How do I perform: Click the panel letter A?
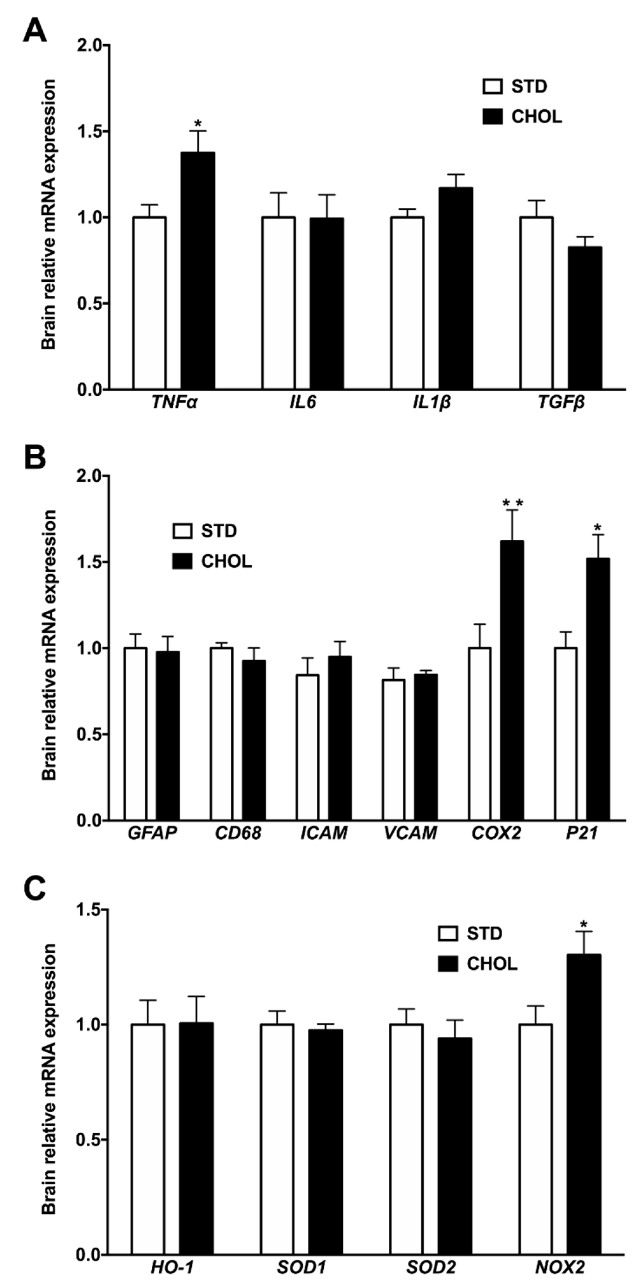pos(35,31)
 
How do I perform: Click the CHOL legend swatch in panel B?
pos(182,562)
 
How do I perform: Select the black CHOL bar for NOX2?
pos(584,1104)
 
